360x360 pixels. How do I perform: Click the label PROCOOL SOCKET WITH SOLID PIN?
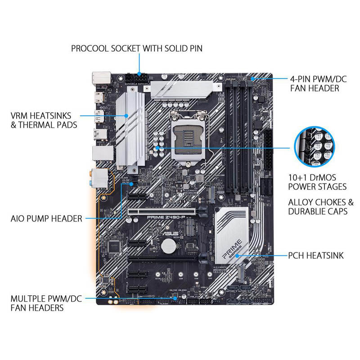pyautogui.click(x=137, y=48)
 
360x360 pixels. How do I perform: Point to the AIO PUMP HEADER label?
pyautogui.click(x=46, y=219)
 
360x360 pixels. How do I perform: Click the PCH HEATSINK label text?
pyautogui.click(x=316, y=256)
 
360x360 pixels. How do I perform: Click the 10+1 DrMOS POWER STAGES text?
pyautogui.click(x=317, y=182)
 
